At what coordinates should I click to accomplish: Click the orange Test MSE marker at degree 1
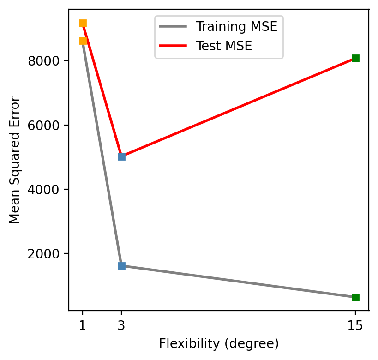[x=83, y=24]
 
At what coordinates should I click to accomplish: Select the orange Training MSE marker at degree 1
[x=83, y=41]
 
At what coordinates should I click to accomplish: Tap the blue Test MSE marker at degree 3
[x=121, y=156]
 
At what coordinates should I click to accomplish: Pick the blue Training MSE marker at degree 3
[x=121, y=266]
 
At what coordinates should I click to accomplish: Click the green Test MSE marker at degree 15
[x=355, y=58]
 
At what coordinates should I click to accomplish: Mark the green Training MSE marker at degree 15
[x=355, y=297]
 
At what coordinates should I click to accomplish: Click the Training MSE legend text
[x=236, y=26]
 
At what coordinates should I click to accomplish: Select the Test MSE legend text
[x=223, y=46]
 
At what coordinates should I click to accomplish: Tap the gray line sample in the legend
[x=173, y=26]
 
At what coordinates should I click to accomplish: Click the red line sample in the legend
[x=173, y=46]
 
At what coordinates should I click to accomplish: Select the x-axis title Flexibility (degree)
[x=219, y=344]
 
